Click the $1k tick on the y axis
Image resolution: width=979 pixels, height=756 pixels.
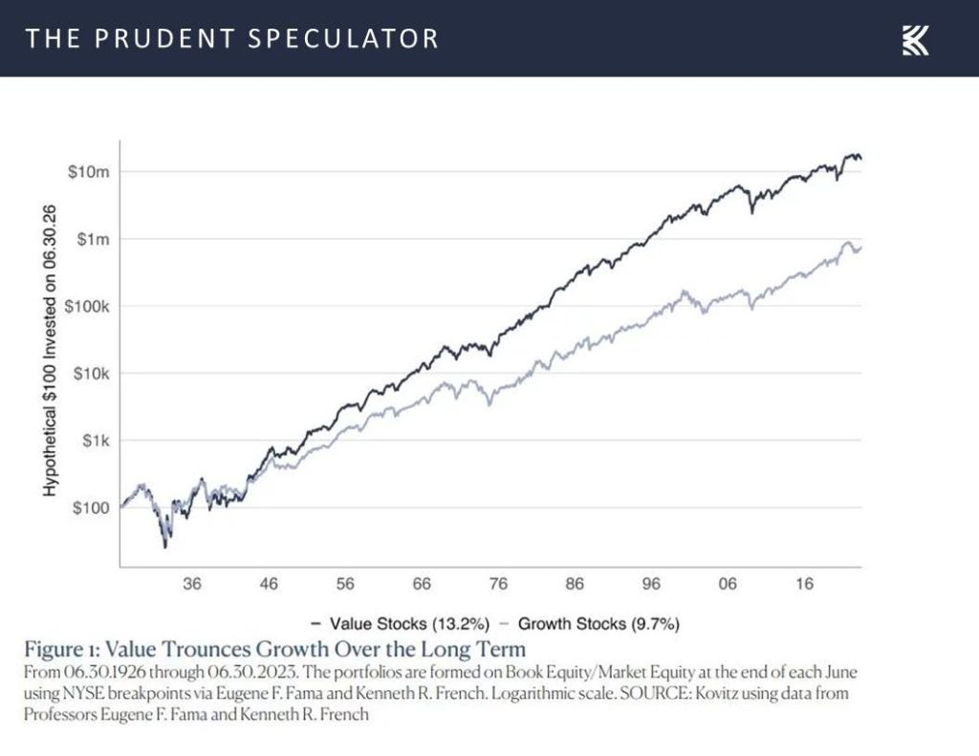tap(96, 441)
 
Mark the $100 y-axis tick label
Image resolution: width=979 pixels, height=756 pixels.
tap(93, 508)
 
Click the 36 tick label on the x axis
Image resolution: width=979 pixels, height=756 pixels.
tap(192, 583)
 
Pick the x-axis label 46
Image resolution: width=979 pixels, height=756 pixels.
tap(269, 583)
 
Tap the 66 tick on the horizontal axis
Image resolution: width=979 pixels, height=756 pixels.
tap(422, 583)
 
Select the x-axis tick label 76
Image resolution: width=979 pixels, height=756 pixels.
tap(498, 583)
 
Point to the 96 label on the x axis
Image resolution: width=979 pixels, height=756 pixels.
tap(651, 583)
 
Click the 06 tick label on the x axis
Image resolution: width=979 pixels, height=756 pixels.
tap(728, 583)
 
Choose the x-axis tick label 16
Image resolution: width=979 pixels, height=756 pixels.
tap(804, 583)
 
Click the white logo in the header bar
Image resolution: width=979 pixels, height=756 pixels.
tap(915, 39)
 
